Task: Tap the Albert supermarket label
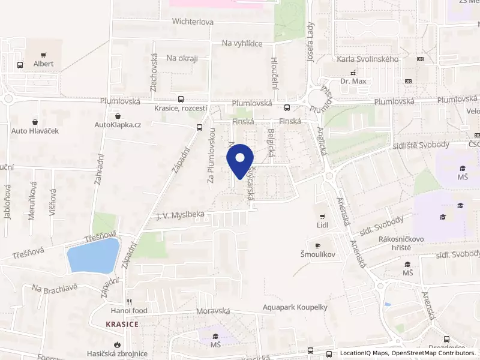43,64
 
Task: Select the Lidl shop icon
323,216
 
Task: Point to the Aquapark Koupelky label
293,307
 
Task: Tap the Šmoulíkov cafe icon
317,245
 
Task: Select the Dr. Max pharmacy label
352,81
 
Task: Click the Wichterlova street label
193,22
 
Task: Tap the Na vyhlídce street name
242,43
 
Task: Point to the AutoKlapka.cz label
118,125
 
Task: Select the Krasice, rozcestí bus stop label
180,108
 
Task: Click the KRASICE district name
122,324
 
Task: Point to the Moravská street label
213,312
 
